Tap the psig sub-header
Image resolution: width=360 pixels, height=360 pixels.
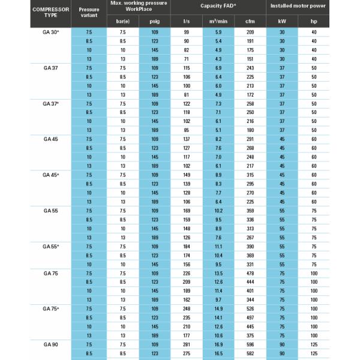[154, 22]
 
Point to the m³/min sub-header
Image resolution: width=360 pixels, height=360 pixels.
[218, 22]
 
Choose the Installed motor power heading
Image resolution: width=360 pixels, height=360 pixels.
[298, 5]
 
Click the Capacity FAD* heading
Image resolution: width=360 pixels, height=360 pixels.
[218, 5]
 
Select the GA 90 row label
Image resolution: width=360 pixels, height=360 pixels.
[50, 345]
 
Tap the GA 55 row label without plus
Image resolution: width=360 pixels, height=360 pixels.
[50, 211]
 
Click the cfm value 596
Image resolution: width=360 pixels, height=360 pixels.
[250, 345]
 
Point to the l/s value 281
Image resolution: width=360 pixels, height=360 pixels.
[187, 345]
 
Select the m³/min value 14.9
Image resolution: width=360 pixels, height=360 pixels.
[218, 309]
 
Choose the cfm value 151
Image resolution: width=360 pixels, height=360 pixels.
[250, 59]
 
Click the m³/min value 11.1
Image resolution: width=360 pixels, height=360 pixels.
[218, 247]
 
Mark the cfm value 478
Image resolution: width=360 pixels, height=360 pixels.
[250, 274]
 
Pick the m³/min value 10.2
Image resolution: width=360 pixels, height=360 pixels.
[218, 211]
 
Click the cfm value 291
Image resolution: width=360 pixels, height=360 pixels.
[250, 139]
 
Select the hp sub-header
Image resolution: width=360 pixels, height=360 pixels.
[313, 22]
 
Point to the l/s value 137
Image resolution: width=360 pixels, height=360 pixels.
[187, 139]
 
